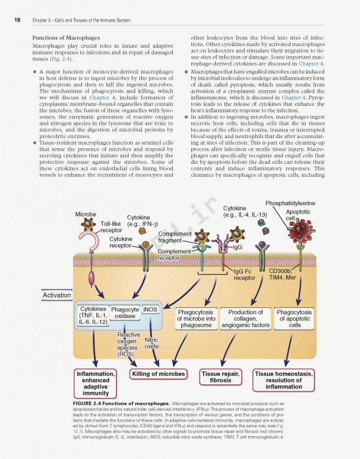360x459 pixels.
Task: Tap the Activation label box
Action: coord(57,295)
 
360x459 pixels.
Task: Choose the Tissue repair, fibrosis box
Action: coord(221,378)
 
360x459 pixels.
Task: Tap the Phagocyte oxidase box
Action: coord(124,313)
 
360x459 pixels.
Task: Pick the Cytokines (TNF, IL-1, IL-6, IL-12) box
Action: coord(93,316)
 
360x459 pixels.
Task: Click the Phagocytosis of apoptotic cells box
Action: coord(294,319)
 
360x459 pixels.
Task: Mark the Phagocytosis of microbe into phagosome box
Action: coord(196,319)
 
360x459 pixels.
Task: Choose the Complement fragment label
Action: coord(175,237)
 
